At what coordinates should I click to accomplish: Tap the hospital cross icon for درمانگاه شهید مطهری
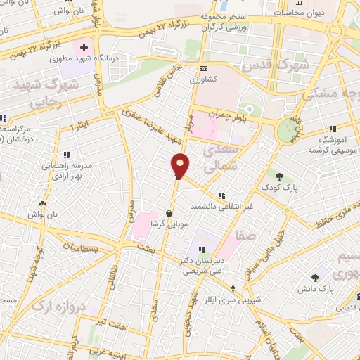pos(84,48)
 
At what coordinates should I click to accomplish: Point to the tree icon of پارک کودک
pos(280,176)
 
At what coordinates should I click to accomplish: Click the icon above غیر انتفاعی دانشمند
pos(222,195)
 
